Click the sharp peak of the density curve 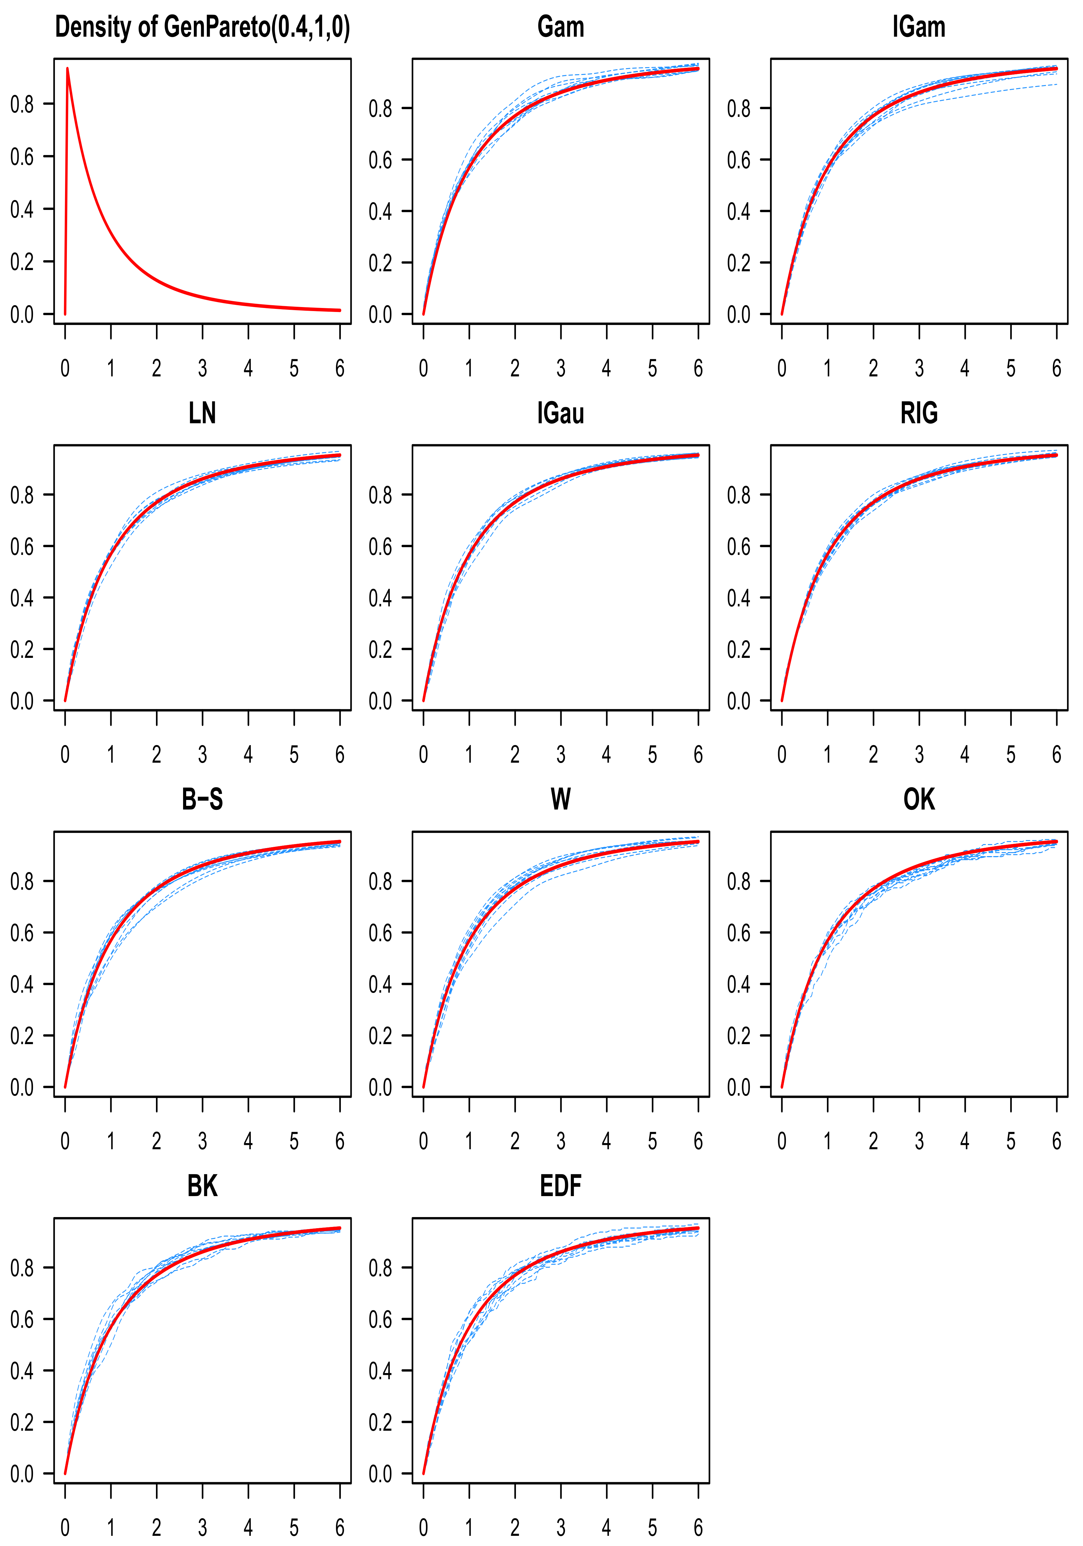click(67, 69)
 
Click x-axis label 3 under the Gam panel click(561, 368)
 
